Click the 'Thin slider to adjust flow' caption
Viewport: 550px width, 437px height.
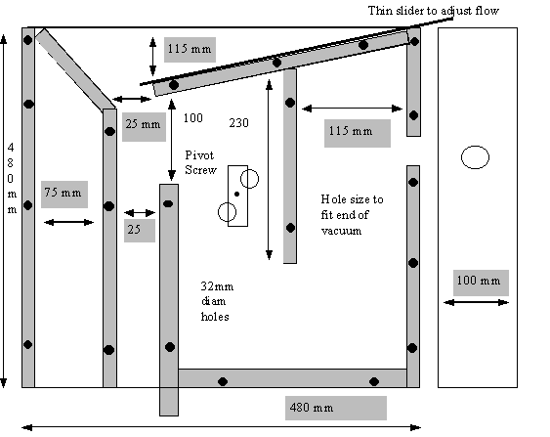433,11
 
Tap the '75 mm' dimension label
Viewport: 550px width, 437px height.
63,193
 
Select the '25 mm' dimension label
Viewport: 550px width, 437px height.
143,124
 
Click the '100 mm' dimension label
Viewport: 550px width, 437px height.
479,281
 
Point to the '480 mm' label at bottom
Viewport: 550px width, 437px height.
312,408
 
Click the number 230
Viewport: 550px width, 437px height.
239,123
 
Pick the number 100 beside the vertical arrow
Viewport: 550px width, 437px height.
192,118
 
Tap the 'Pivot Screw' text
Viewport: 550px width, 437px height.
200,162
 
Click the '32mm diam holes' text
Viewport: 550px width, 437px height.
217,301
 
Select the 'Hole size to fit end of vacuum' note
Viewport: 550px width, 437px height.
352,215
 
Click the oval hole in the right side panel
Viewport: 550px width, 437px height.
475,157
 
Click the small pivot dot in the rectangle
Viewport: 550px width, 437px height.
236,195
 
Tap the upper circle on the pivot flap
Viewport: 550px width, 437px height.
249,179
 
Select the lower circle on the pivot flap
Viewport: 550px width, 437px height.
227,212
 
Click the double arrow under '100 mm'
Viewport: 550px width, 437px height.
476,302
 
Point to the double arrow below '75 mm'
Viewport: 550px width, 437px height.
68,222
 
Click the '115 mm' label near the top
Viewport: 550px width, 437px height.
190,49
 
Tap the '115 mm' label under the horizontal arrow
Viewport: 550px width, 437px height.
351,131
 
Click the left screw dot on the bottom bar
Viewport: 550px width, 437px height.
223,381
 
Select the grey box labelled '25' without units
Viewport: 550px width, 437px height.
140,231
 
